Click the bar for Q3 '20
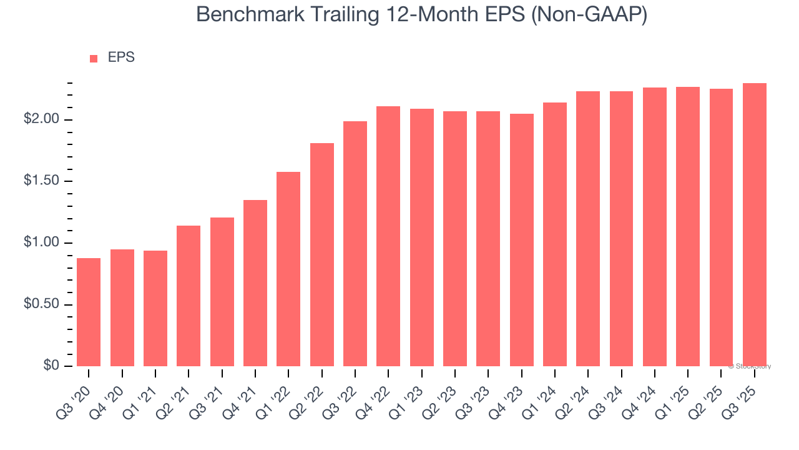(89, 312)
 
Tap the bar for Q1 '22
(288, 269)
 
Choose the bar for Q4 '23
(521, 240)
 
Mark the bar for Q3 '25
(754, 224)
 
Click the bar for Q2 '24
(588, 229)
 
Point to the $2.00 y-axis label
(42, 119)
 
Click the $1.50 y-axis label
(42, 181)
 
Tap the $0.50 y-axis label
(42, 304)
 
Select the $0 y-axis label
(51, 366)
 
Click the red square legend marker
(94, 58)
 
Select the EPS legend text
(121, 57)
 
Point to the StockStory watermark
(750, 366)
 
